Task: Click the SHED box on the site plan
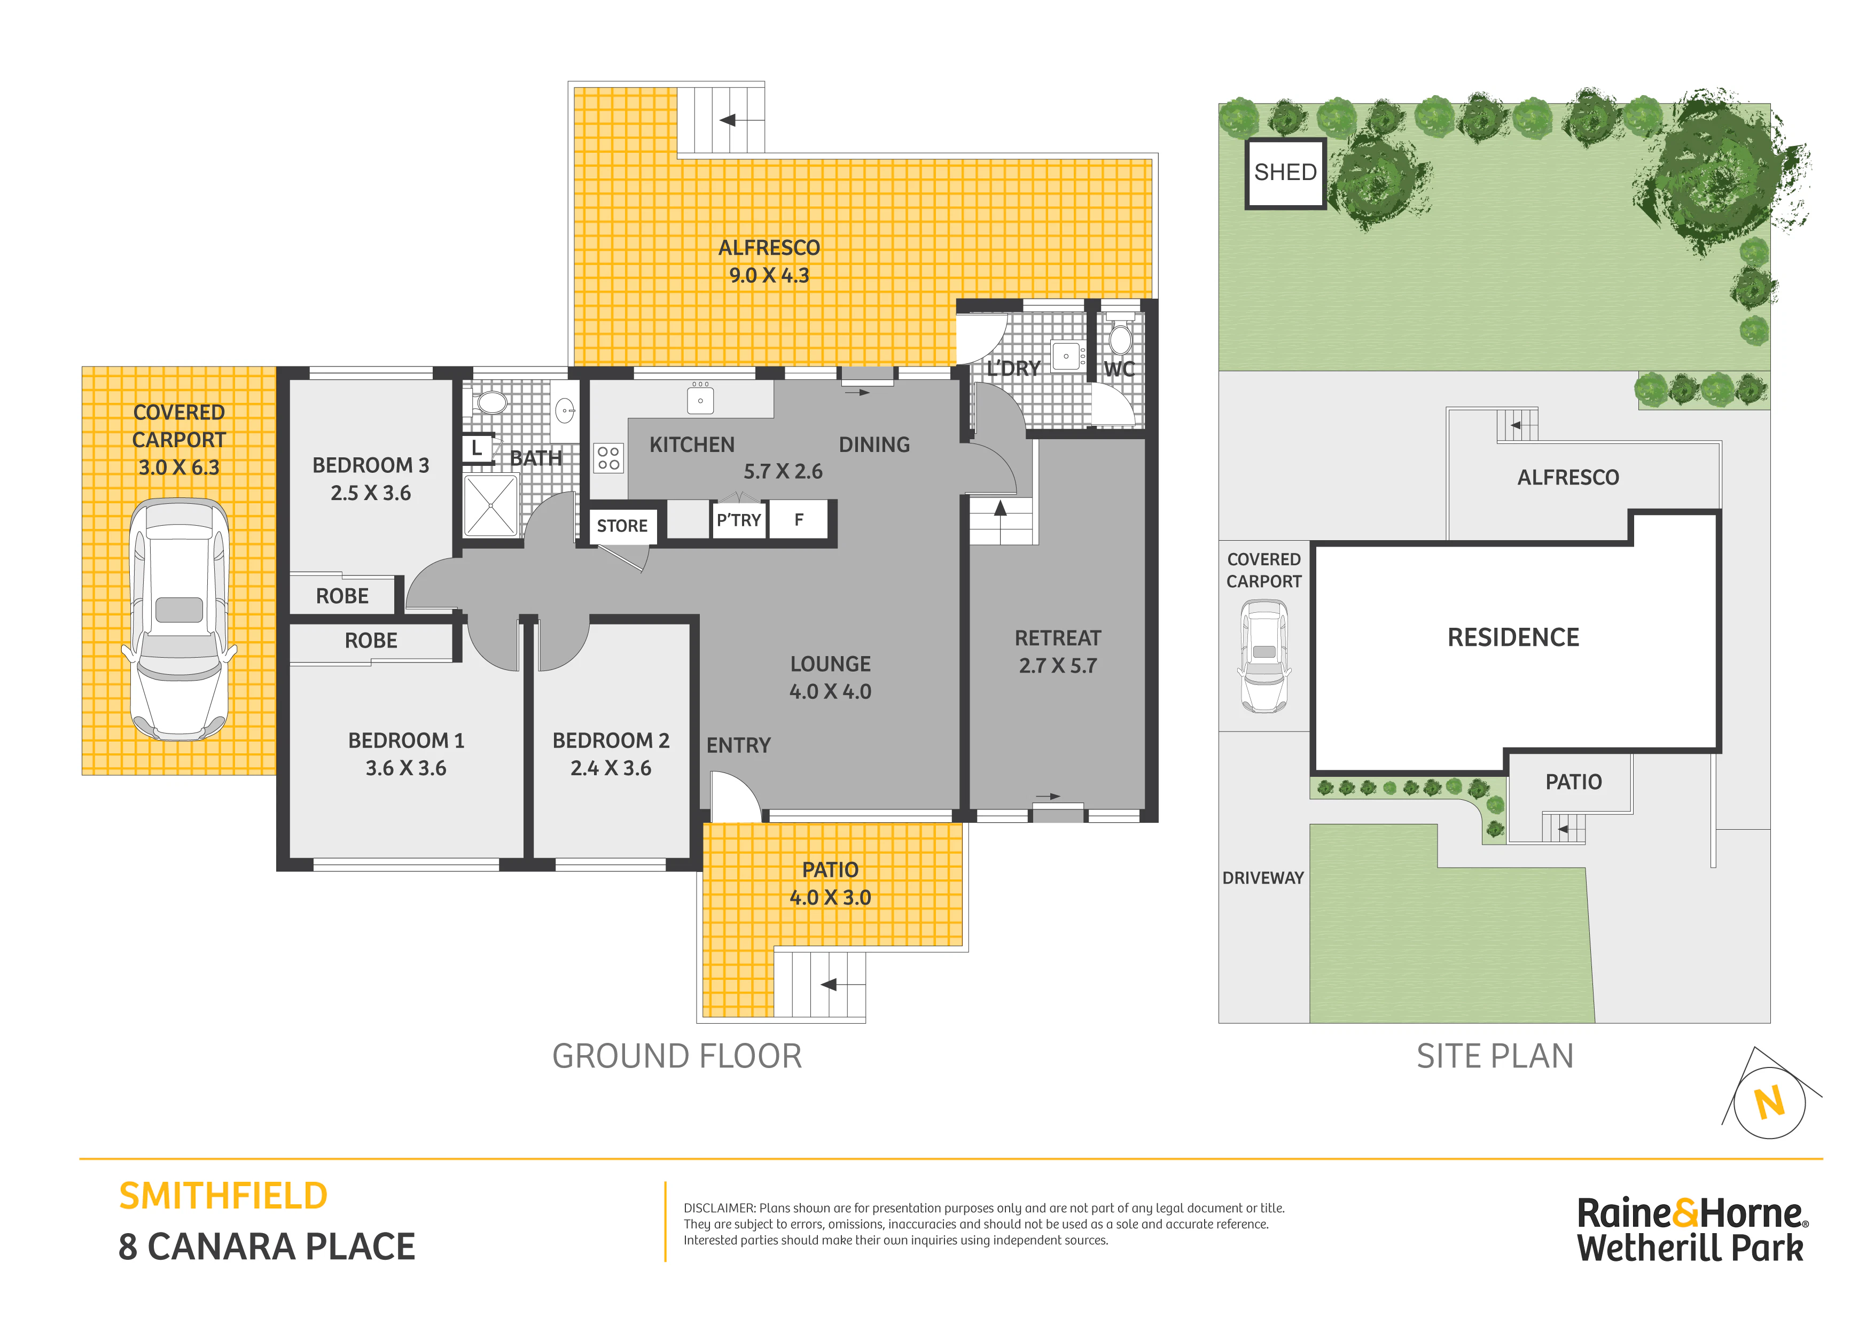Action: pos(1285,173)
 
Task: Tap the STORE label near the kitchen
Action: pos(622,526)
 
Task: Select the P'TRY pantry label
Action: pos(739,520)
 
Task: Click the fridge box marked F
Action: pos(799,520)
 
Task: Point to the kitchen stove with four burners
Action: pos(608,458)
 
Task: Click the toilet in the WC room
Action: pos(1121,337)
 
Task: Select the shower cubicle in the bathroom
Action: pos(490,506)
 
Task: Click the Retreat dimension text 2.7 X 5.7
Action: pos(1058,665)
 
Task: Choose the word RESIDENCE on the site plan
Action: pos(1513,637)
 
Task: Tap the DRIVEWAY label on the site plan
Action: pos(1263,878)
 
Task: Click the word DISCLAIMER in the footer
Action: pos(719,1208)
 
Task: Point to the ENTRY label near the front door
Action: pos(739,745)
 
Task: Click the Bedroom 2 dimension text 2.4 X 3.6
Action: pos(611,768)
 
